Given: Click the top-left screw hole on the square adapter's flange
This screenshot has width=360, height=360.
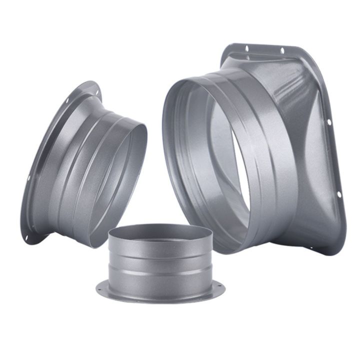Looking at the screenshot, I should [246, 48].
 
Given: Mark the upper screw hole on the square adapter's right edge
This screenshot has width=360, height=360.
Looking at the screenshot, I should [329, 122].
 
